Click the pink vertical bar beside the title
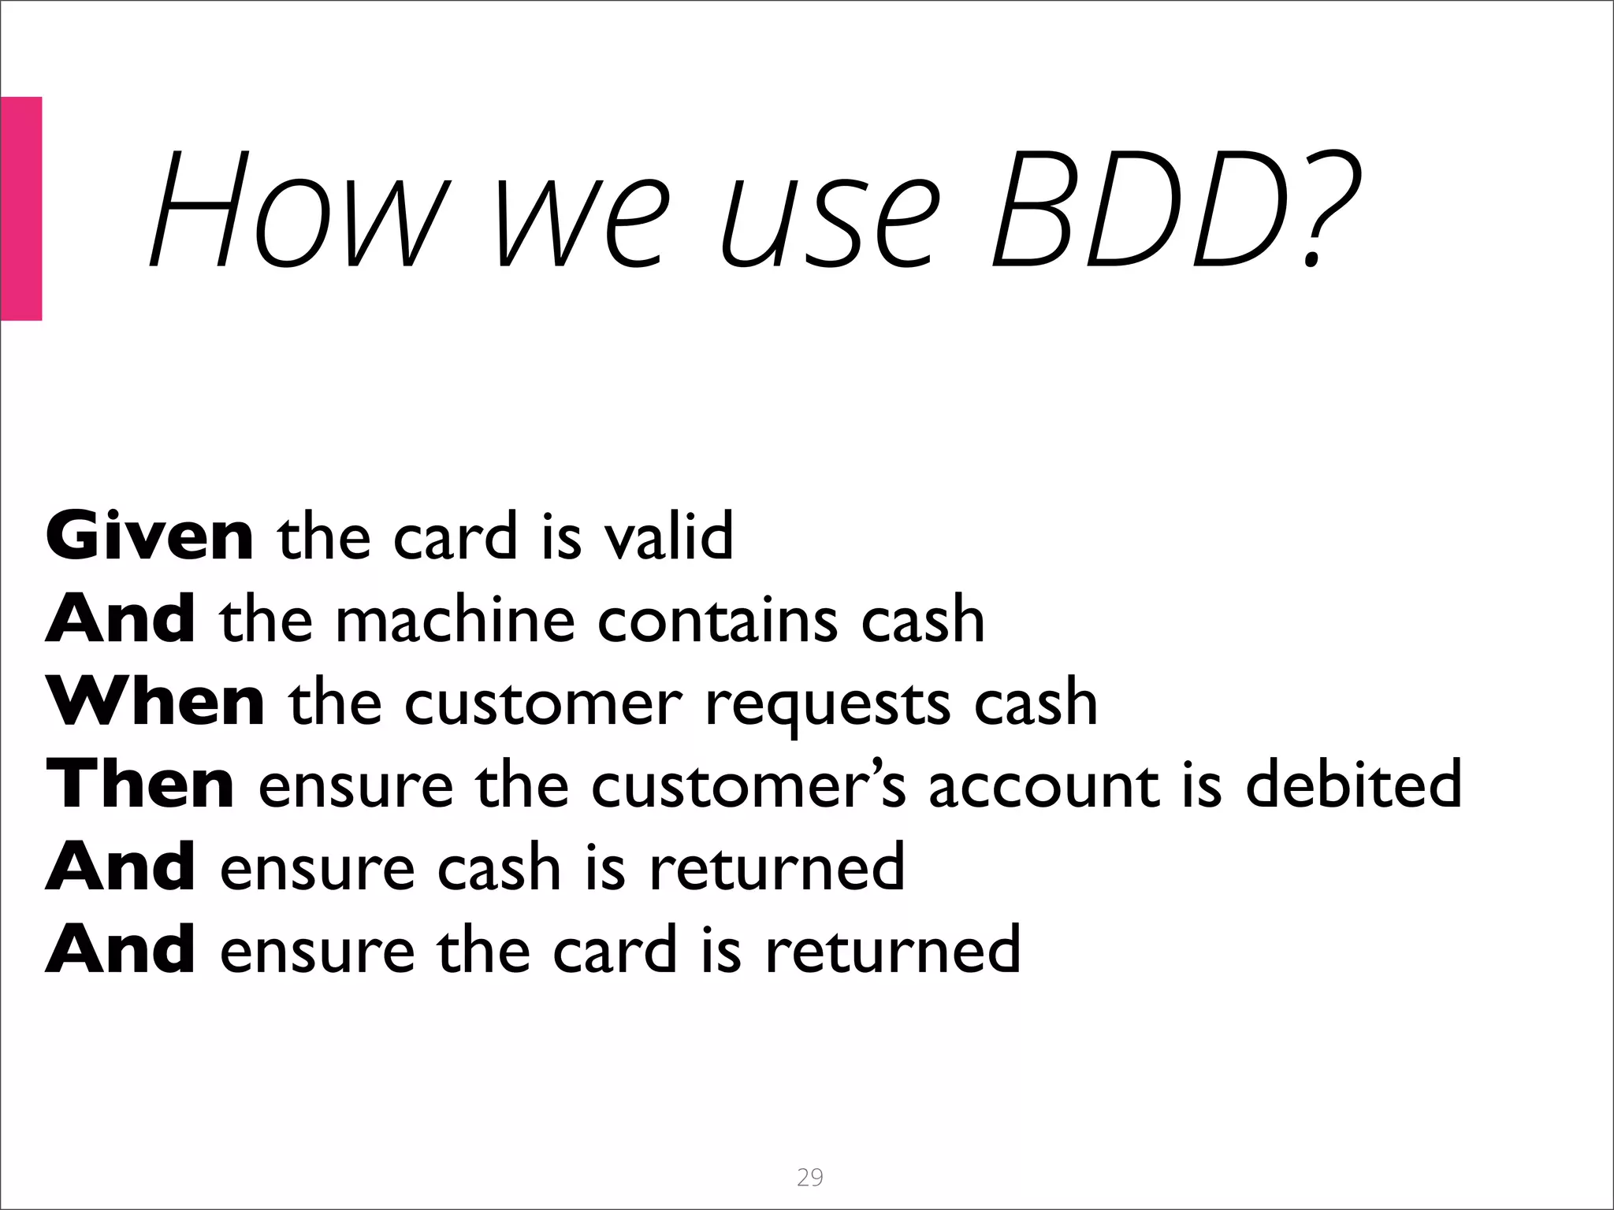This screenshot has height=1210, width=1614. [x=20, y=209]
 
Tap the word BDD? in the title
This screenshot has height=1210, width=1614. [x=1174, y=209]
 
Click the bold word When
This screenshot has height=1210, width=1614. [x=155, y=701]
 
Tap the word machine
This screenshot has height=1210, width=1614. [x=456, y=619]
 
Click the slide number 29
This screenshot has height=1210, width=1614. [x=809, y=1177]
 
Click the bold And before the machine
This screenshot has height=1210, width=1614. [x=121, y=619]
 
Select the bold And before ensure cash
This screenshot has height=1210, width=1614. [x=121, y=867]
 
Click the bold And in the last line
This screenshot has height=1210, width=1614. [x=121, y=949]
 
